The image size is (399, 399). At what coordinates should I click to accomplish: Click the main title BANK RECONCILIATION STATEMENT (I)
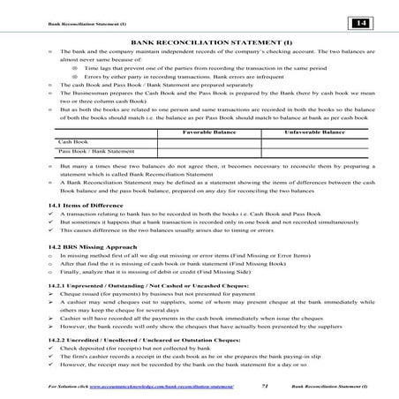pyautogui.click(x=199, y=41)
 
